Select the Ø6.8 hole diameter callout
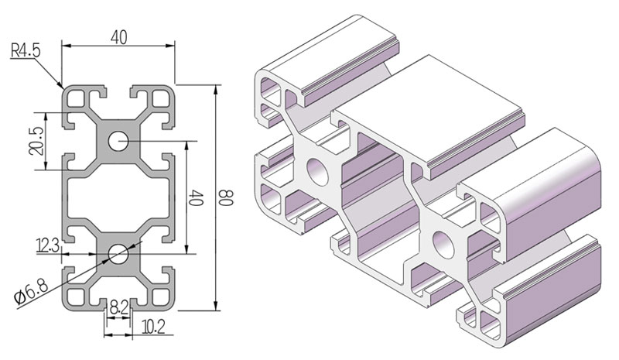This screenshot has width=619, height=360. click(28, 293)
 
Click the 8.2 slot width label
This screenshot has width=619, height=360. click(118, 307)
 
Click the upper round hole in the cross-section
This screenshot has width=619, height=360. click(118, 142)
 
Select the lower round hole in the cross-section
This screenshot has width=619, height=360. click(118, 252)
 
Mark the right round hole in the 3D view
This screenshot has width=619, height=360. click(443, 242)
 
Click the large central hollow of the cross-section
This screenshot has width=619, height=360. click(118, 197)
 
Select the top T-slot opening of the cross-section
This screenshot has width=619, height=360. click(118, 90)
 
